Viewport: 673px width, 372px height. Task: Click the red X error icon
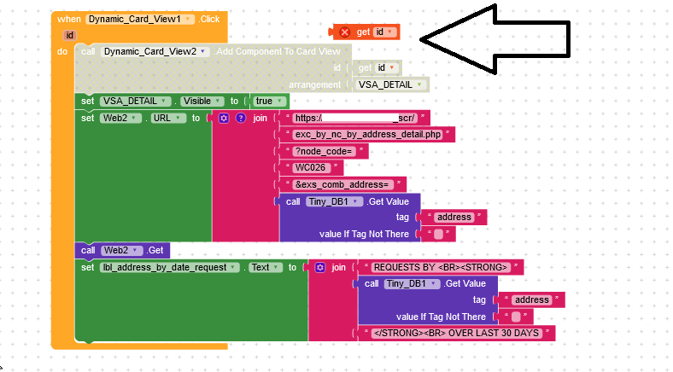(x=345, y=32)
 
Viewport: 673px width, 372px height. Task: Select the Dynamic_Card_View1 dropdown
(x=140, y=18)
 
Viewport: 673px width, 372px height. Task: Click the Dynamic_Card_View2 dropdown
(x=155, y=51)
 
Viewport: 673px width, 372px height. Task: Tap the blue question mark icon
(x=240, y=118)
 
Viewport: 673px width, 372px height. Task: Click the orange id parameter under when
(x=69, y=35)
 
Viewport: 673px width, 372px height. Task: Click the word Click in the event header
(x=210, y=18)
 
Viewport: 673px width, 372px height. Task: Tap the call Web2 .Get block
(x=122, y=250)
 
